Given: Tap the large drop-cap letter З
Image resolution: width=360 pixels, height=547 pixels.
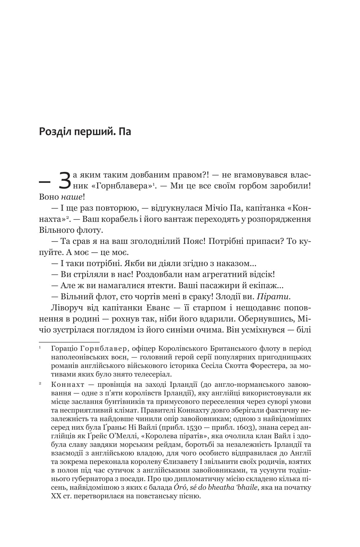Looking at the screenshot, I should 66,181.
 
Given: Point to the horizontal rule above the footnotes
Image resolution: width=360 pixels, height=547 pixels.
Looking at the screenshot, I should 69,342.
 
